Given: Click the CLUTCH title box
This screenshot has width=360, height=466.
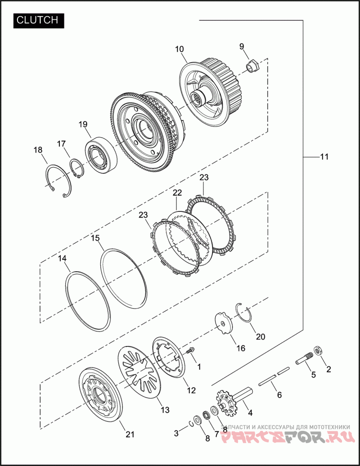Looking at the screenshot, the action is point(39,20).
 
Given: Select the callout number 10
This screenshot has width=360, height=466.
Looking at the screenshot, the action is point(180,49).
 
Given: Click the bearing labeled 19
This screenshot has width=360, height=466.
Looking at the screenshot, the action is point(101,156).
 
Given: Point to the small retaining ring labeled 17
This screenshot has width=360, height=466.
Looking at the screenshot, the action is point(77,169).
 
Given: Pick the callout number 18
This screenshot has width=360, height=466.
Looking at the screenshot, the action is point(38,150).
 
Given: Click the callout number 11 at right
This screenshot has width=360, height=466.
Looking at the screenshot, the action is point(324,157).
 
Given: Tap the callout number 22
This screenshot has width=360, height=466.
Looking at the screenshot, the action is point(177,193).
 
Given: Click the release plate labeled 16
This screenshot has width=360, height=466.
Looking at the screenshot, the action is point(224,323).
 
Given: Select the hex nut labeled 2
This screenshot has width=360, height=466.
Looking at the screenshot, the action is point(317,351).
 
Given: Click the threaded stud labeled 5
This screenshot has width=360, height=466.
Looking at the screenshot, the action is point(303,357).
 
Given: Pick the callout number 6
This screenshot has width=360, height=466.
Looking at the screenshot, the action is point(279,394).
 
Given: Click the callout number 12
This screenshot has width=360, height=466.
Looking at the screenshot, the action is point(191,390).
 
